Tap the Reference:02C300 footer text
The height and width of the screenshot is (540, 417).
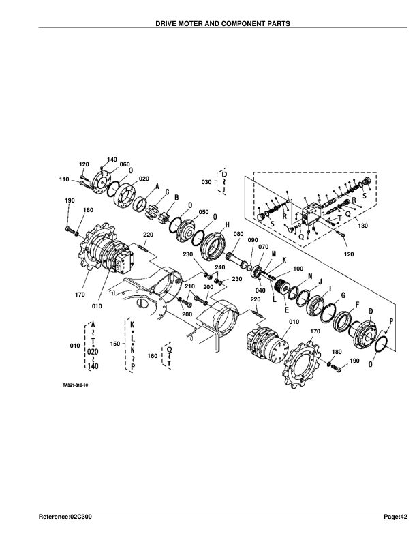65,517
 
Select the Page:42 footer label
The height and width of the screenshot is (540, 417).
396,517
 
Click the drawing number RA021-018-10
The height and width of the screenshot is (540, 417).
76,385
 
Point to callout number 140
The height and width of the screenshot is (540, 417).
112,160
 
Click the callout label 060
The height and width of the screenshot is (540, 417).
125,164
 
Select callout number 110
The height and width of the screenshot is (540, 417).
64,179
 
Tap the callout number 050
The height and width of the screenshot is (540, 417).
204,212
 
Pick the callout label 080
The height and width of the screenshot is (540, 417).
238,234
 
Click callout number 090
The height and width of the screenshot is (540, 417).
253,240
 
